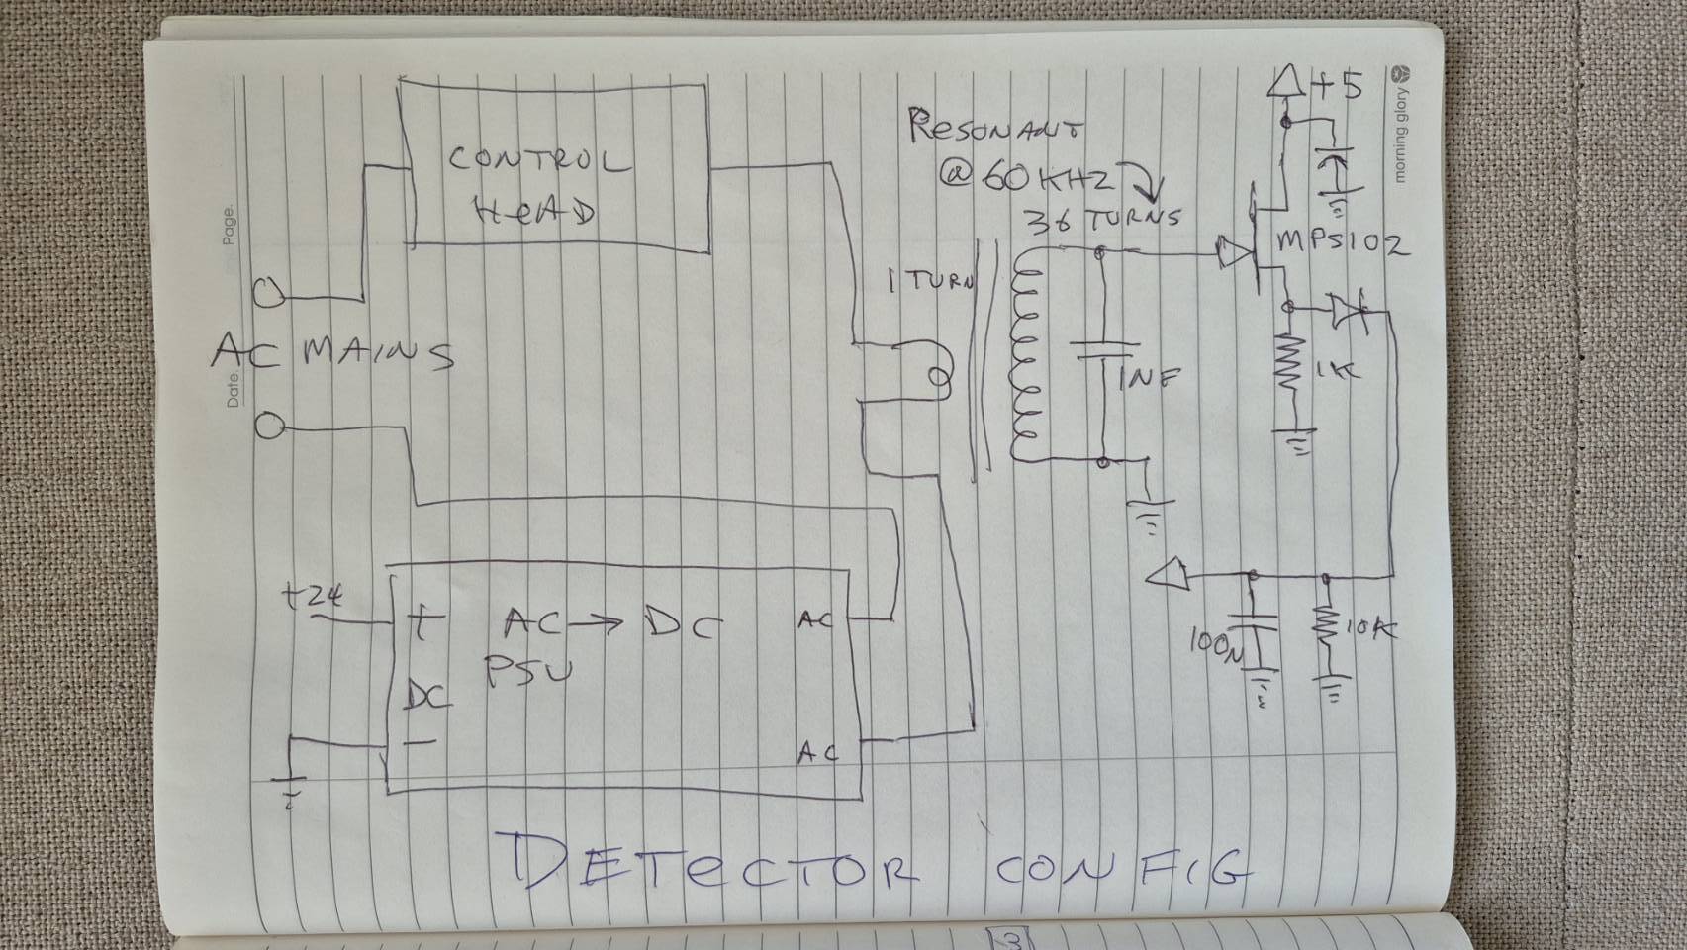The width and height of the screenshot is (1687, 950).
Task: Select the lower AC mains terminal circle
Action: click(x=269, y=427)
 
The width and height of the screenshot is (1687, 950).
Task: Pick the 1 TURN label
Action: click(x=929, y=281)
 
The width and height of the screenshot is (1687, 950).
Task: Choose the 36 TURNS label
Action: click(x=1103, y=219)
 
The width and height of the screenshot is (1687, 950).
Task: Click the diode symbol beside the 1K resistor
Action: click(x=1348, y=311)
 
